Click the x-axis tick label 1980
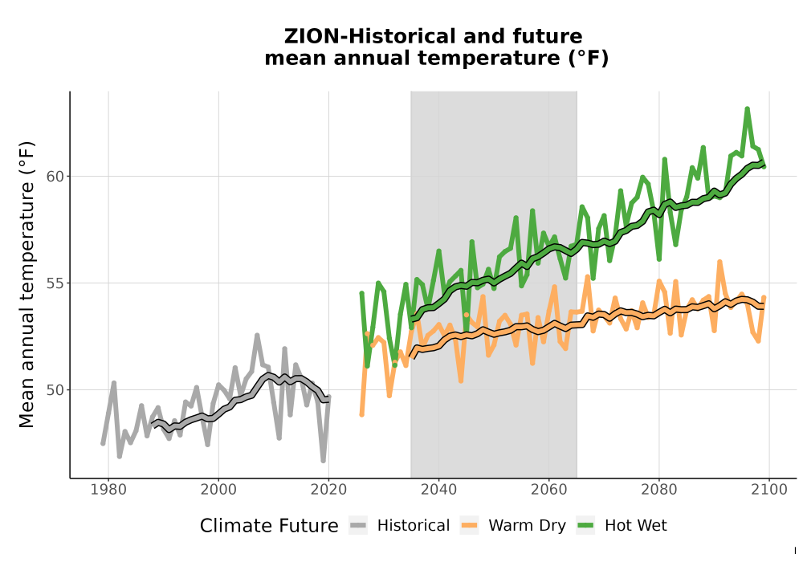point(108,490)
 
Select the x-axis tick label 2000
point(218,490)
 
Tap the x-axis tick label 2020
point(328,490)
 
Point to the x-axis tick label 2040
point(438,490)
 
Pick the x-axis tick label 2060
point(548,490)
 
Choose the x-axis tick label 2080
point(658,490)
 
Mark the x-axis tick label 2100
point(768,490)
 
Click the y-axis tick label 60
point(55,177)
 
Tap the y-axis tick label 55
point(55,283)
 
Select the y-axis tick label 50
point(55,390)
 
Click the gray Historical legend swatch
point(358,526)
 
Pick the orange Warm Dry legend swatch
point(469,526)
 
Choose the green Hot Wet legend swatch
point(585,526)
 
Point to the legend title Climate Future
point(269,526)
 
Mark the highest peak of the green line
point(747,108)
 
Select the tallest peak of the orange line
point(719,262)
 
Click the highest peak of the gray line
point(257,336)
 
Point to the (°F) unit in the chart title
point(588,59)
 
